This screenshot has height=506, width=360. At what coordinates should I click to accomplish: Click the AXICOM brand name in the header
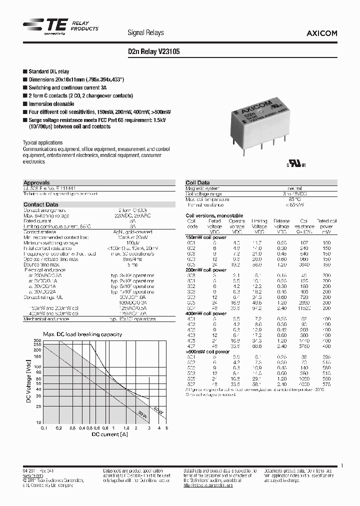tap(321, 33)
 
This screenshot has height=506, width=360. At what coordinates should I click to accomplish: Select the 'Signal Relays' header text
tap(146, 32)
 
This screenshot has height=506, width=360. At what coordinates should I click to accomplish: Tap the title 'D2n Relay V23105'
tap(154, 51)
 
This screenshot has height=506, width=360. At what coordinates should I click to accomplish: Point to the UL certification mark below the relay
tap(295, 164)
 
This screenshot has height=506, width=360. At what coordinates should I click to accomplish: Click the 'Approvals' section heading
tap(36, 183)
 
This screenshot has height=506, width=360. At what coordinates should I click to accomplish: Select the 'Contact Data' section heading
tap(40, 204)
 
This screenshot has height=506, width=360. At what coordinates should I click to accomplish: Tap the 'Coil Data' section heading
tap(197, 183)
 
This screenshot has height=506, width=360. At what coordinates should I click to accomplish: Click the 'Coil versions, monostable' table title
tap(214, 215)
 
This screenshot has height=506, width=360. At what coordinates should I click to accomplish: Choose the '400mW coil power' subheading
tap(206, 313)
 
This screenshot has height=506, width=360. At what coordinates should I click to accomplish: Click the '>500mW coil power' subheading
tap(207, 351)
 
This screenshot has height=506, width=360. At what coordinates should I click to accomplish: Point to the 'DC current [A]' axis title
tap(105, 434)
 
